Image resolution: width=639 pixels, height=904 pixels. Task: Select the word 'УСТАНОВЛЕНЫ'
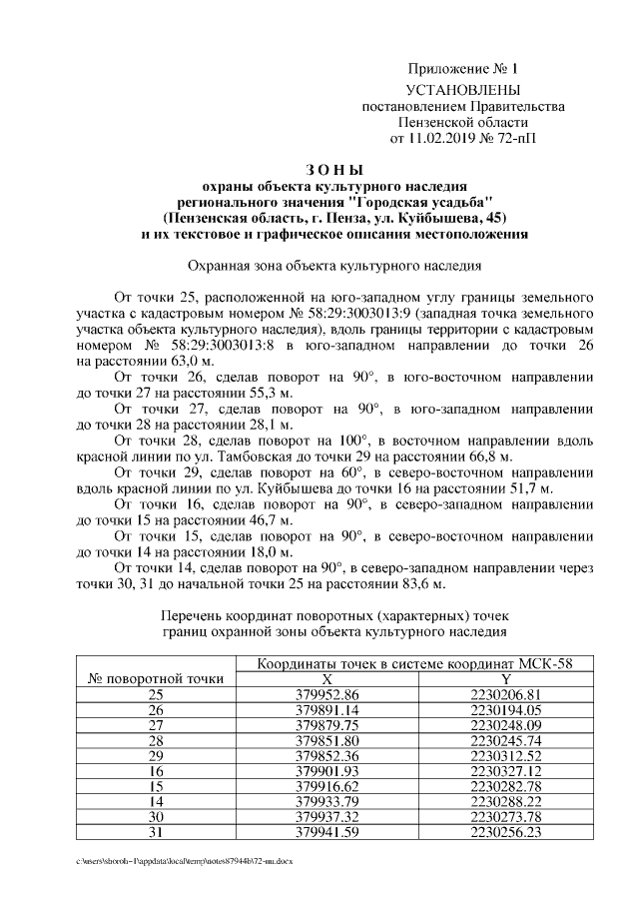click(x=463, y=91)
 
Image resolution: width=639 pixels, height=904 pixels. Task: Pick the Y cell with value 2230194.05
click(x=505, y=710)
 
